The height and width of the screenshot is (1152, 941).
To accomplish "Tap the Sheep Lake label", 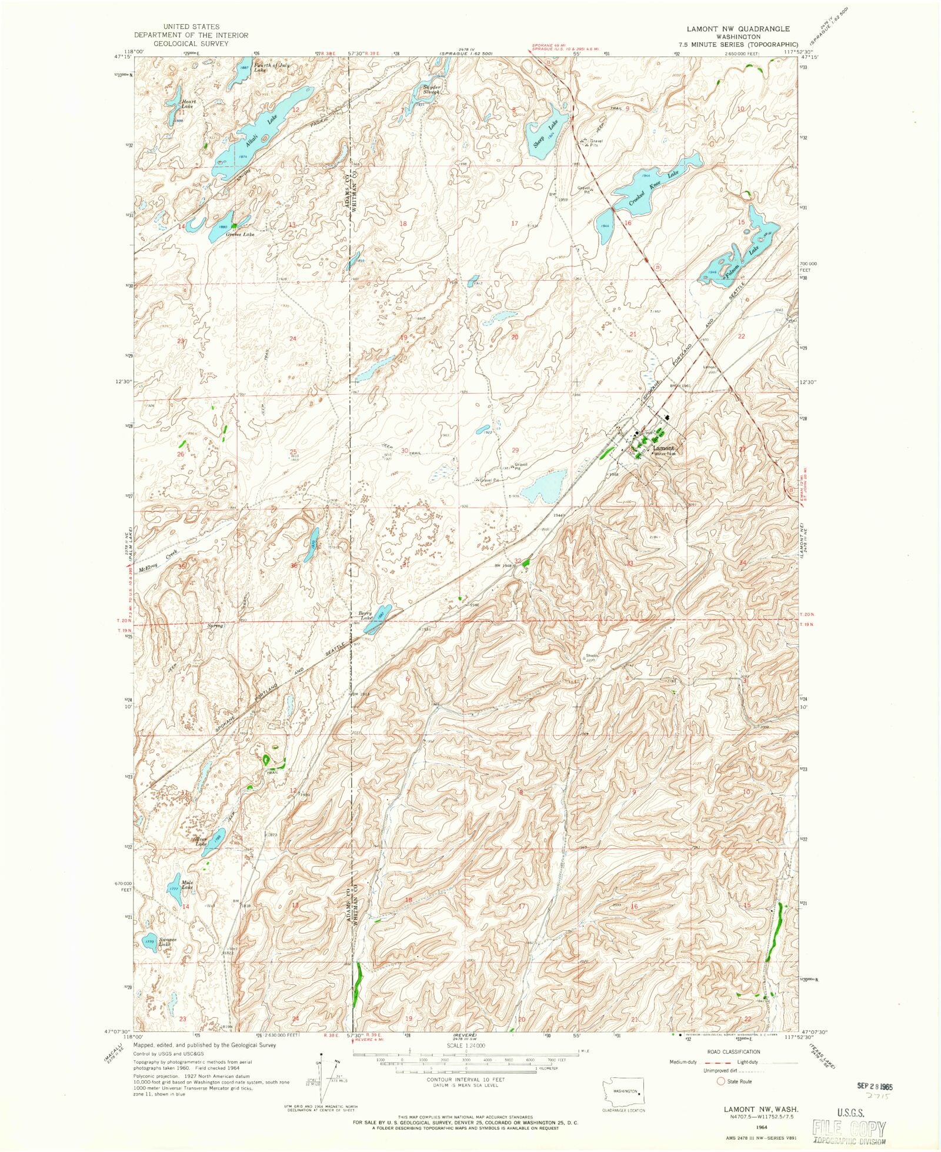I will point(546,134).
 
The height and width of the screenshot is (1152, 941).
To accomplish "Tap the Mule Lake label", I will point(187,885).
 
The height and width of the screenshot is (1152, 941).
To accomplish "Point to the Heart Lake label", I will point(188,104).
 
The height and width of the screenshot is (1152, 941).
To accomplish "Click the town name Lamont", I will point(663,448).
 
